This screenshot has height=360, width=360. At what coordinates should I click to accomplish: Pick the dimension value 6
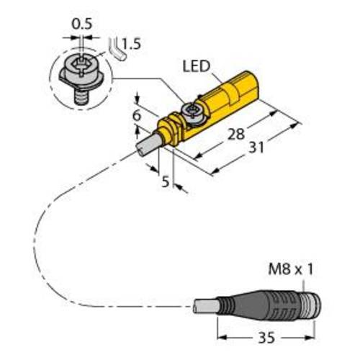136,113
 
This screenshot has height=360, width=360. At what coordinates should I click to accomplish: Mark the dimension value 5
165,182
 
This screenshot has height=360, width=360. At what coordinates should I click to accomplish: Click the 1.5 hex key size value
130,45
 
